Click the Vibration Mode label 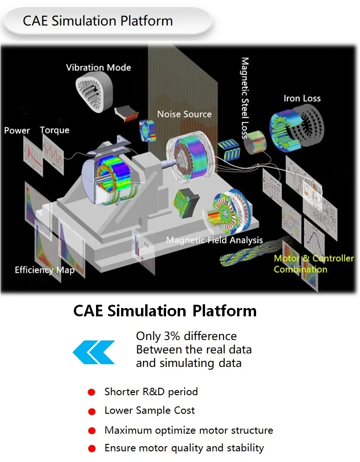[x=98, y=67]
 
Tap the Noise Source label [x=185, y=114]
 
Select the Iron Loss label [x=302, y=98]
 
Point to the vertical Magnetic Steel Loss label [x=245, y=98]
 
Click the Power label [x=17, y=130]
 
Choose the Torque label [x=54, y=130]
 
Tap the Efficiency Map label [x=45, y=270]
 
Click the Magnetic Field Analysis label [x=214, y=240]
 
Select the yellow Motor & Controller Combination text [x=314, y=264]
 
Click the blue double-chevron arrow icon [x=94, y=352]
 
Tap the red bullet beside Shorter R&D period [x=91, y=392]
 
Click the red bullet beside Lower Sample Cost [x=92, y=411]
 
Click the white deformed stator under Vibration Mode [x=94, y=92]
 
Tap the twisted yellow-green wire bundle [x=251, y=252]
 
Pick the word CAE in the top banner [x=35, y=21]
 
